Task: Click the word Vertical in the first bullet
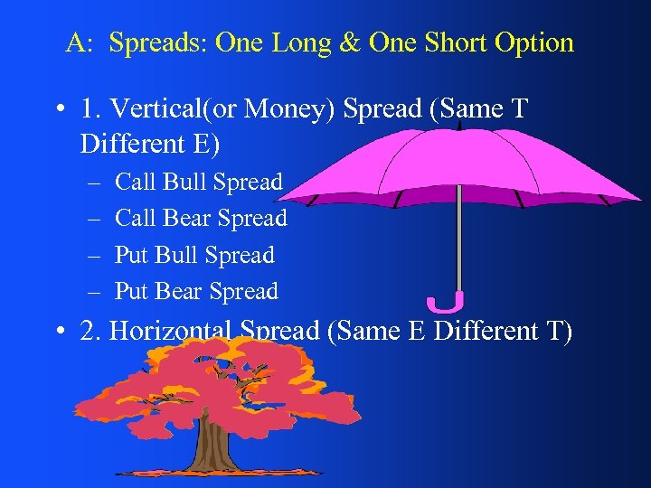point(146,109)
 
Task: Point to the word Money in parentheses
point(271,109)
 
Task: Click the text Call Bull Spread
point(199,182)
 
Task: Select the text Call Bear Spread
point(201,218)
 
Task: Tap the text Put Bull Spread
point(194,255)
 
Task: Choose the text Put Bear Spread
point(196,291)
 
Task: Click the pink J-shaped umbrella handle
point(447,302)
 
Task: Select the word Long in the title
point(306,43)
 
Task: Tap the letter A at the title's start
point(75,43)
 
